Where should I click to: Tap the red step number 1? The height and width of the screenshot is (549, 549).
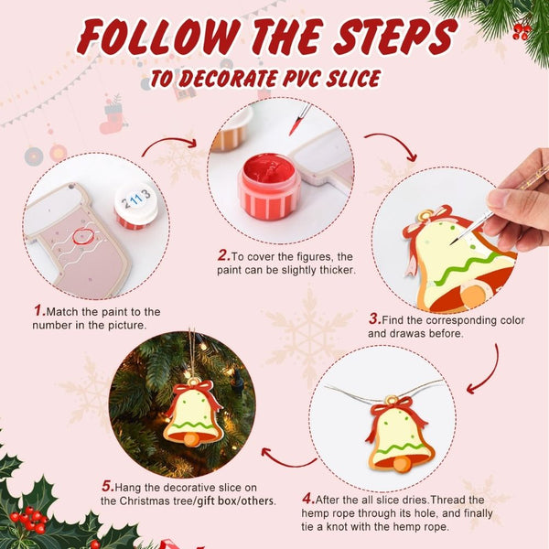(x=39, y=311)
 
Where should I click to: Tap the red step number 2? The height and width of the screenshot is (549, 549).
(x=222, y=255)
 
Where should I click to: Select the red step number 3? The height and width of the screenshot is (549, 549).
(x=374, y=318)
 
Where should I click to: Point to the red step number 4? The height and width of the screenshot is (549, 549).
(x=307, y=499)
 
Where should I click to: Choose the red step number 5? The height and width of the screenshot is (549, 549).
(x=106, y=485)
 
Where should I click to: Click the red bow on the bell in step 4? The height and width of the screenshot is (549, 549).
(x=396, y=409)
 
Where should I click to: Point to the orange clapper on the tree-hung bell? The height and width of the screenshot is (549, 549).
(x=191, y=439)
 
